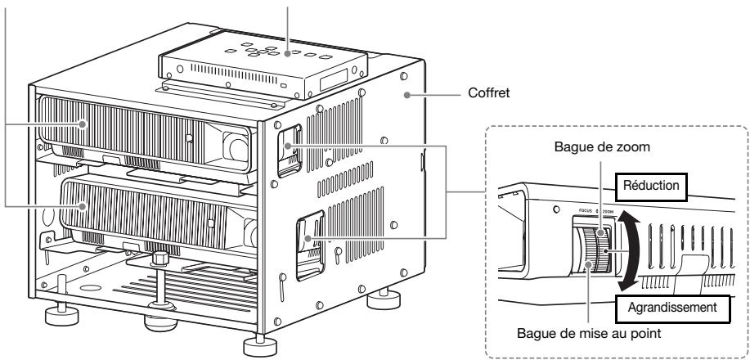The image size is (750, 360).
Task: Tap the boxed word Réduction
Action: (x=652, y=184)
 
